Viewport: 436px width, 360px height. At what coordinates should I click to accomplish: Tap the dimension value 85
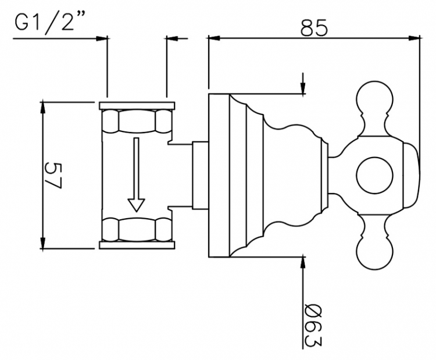(314, 27)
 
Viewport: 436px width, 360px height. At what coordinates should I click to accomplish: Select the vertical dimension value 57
(53, 176)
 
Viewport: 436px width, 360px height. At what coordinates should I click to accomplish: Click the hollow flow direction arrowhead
(136, 205)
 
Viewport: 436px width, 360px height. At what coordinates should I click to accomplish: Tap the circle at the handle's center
(375, 176)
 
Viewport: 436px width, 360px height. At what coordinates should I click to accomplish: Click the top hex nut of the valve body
(137, 121)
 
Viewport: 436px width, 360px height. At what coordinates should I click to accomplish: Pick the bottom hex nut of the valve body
(137, 229)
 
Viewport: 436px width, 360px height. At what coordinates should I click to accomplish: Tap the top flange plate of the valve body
(137, 105)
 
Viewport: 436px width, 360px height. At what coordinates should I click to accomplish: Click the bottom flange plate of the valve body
(137, 245)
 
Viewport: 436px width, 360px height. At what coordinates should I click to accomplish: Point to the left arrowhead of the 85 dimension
(214, 38)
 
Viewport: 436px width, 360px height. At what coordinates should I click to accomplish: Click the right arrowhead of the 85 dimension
(414, 38)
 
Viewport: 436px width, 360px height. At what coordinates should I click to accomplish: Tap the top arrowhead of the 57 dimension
(42, 108)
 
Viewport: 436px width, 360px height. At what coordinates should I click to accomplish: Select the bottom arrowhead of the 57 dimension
(42, 243)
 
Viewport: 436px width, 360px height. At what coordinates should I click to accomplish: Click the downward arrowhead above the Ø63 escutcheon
(303, 88)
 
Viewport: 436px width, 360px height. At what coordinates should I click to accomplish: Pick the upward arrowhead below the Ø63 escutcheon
(303, 263)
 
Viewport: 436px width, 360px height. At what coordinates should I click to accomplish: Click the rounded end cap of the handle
(411, 176)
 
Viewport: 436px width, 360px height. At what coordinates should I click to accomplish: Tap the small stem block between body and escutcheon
(200, 176)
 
